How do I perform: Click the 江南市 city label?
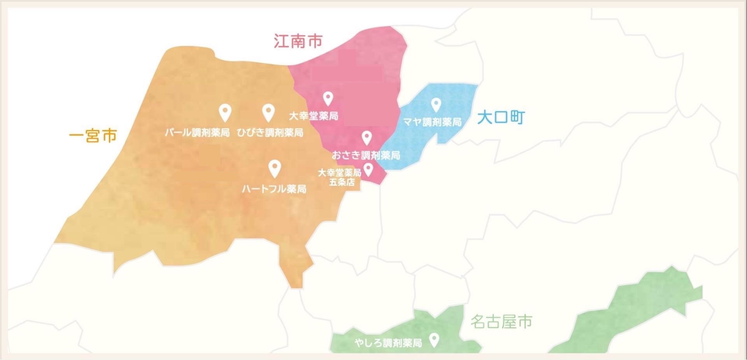(x=298, y=41)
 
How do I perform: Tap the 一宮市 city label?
(x=93, y=136)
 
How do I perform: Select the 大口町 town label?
(x=501, y=117)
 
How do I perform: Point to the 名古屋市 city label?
(x=501, y=322)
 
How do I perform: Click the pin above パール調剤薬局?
(x=225, y=112)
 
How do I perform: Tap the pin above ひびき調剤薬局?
(x=268, y=112)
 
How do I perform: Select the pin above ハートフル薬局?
(x=275, y=168)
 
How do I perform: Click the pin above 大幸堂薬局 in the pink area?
(x=328, y=98)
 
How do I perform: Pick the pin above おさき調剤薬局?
(x=366, y=137)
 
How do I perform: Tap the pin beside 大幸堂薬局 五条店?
(x=368, y=169)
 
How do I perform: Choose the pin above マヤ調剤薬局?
(x=436, y=104)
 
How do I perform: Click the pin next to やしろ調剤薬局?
(x=434, y=340)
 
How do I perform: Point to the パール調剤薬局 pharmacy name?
(x=197, y=133)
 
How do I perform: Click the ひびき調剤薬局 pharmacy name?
(x=270, y=133)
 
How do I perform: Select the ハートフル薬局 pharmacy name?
(x=274, y=189)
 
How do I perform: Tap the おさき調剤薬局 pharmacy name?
(x=366, y=155)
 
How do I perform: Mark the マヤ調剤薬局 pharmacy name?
(x=432, y=122)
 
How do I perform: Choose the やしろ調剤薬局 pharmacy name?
(x=388, y=343)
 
